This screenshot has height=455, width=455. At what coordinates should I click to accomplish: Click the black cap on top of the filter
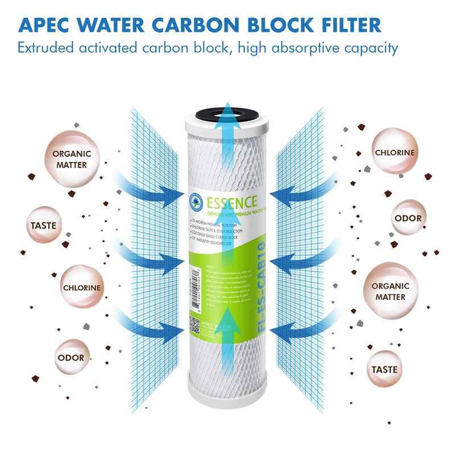(227, 111)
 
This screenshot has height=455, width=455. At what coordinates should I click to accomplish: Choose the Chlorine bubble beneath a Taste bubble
(82, 288)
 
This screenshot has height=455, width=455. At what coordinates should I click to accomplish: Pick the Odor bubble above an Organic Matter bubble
(408, 218)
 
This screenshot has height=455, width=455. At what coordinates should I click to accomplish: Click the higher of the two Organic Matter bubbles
(69, 159)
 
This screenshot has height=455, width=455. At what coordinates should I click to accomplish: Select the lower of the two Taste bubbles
(384, 369)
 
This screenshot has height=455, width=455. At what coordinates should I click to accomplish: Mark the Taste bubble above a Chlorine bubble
(43, 226)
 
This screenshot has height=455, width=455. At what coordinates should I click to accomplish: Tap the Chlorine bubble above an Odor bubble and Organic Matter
(394, 152)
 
